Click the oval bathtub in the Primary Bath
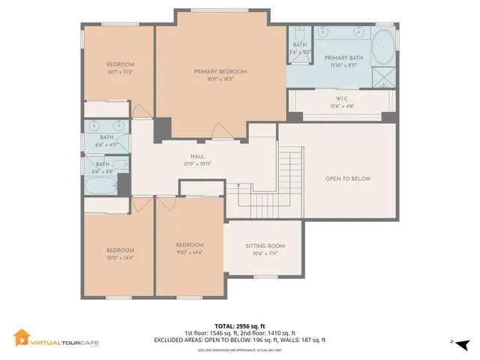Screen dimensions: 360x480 pos(382,47)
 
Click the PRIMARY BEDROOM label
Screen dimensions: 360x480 pos(220,72)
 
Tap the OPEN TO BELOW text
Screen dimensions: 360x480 pos(348,178)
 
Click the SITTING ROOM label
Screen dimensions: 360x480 pos(265,246)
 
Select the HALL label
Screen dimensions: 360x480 pos(197,156)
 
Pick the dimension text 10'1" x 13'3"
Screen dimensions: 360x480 pos(120,73)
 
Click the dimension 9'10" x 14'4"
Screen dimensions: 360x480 pos(190,252)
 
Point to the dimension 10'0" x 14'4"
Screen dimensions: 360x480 pos(119,258)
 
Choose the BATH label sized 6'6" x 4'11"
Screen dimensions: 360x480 pos(106,137)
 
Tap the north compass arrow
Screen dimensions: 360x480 pos(464,343)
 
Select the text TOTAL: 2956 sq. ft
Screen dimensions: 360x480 pos(239,326)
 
